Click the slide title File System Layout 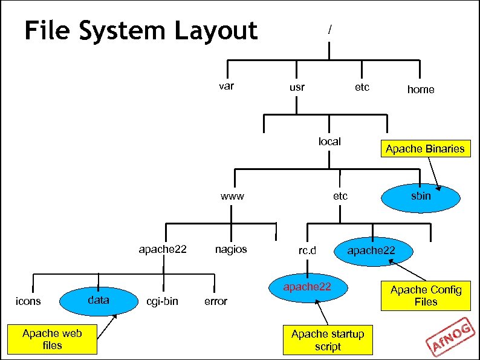[x=141, y=30]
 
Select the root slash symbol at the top [x=329, y=28]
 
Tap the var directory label [x=226, y=86]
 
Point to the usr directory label [x=297, y=87]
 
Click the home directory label [x=420, y=89]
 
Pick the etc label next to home [x=362, y=87]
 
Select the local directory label [x=329, y=142]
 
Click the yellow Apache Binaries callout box [x=426, y=149]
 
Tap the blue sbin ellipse [x=421, y=196]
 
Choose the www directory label [x=232, y=196]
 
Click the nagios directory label [x=231, y=249]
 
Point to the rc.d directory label [x=307, y=250]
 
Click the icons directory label [x=28, y=301]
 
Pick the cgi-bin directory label [x=163, y=301]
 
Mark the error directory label [x=216, y=301]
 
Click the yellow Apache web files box [x=52, y=339]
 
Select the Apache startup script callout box [x=328, y=340]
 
